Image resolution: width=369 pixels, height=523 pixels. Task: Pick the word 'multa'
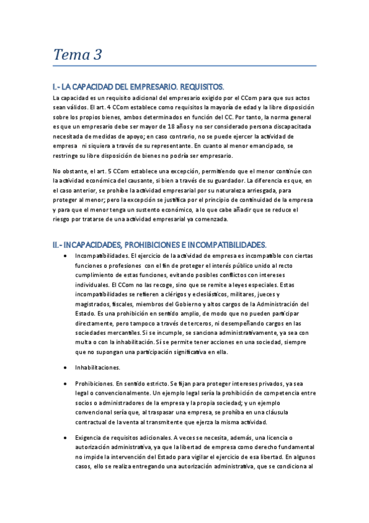pyautogui.click(x=83, y=342)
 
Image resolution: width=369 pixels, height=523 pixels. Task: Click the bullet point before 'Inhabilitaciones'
pyautogui.click(x=66, y=367)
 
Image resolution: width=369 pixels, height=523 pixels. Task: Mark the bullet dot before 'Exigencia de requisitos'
pyautogui.click(x=66, y=437)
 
